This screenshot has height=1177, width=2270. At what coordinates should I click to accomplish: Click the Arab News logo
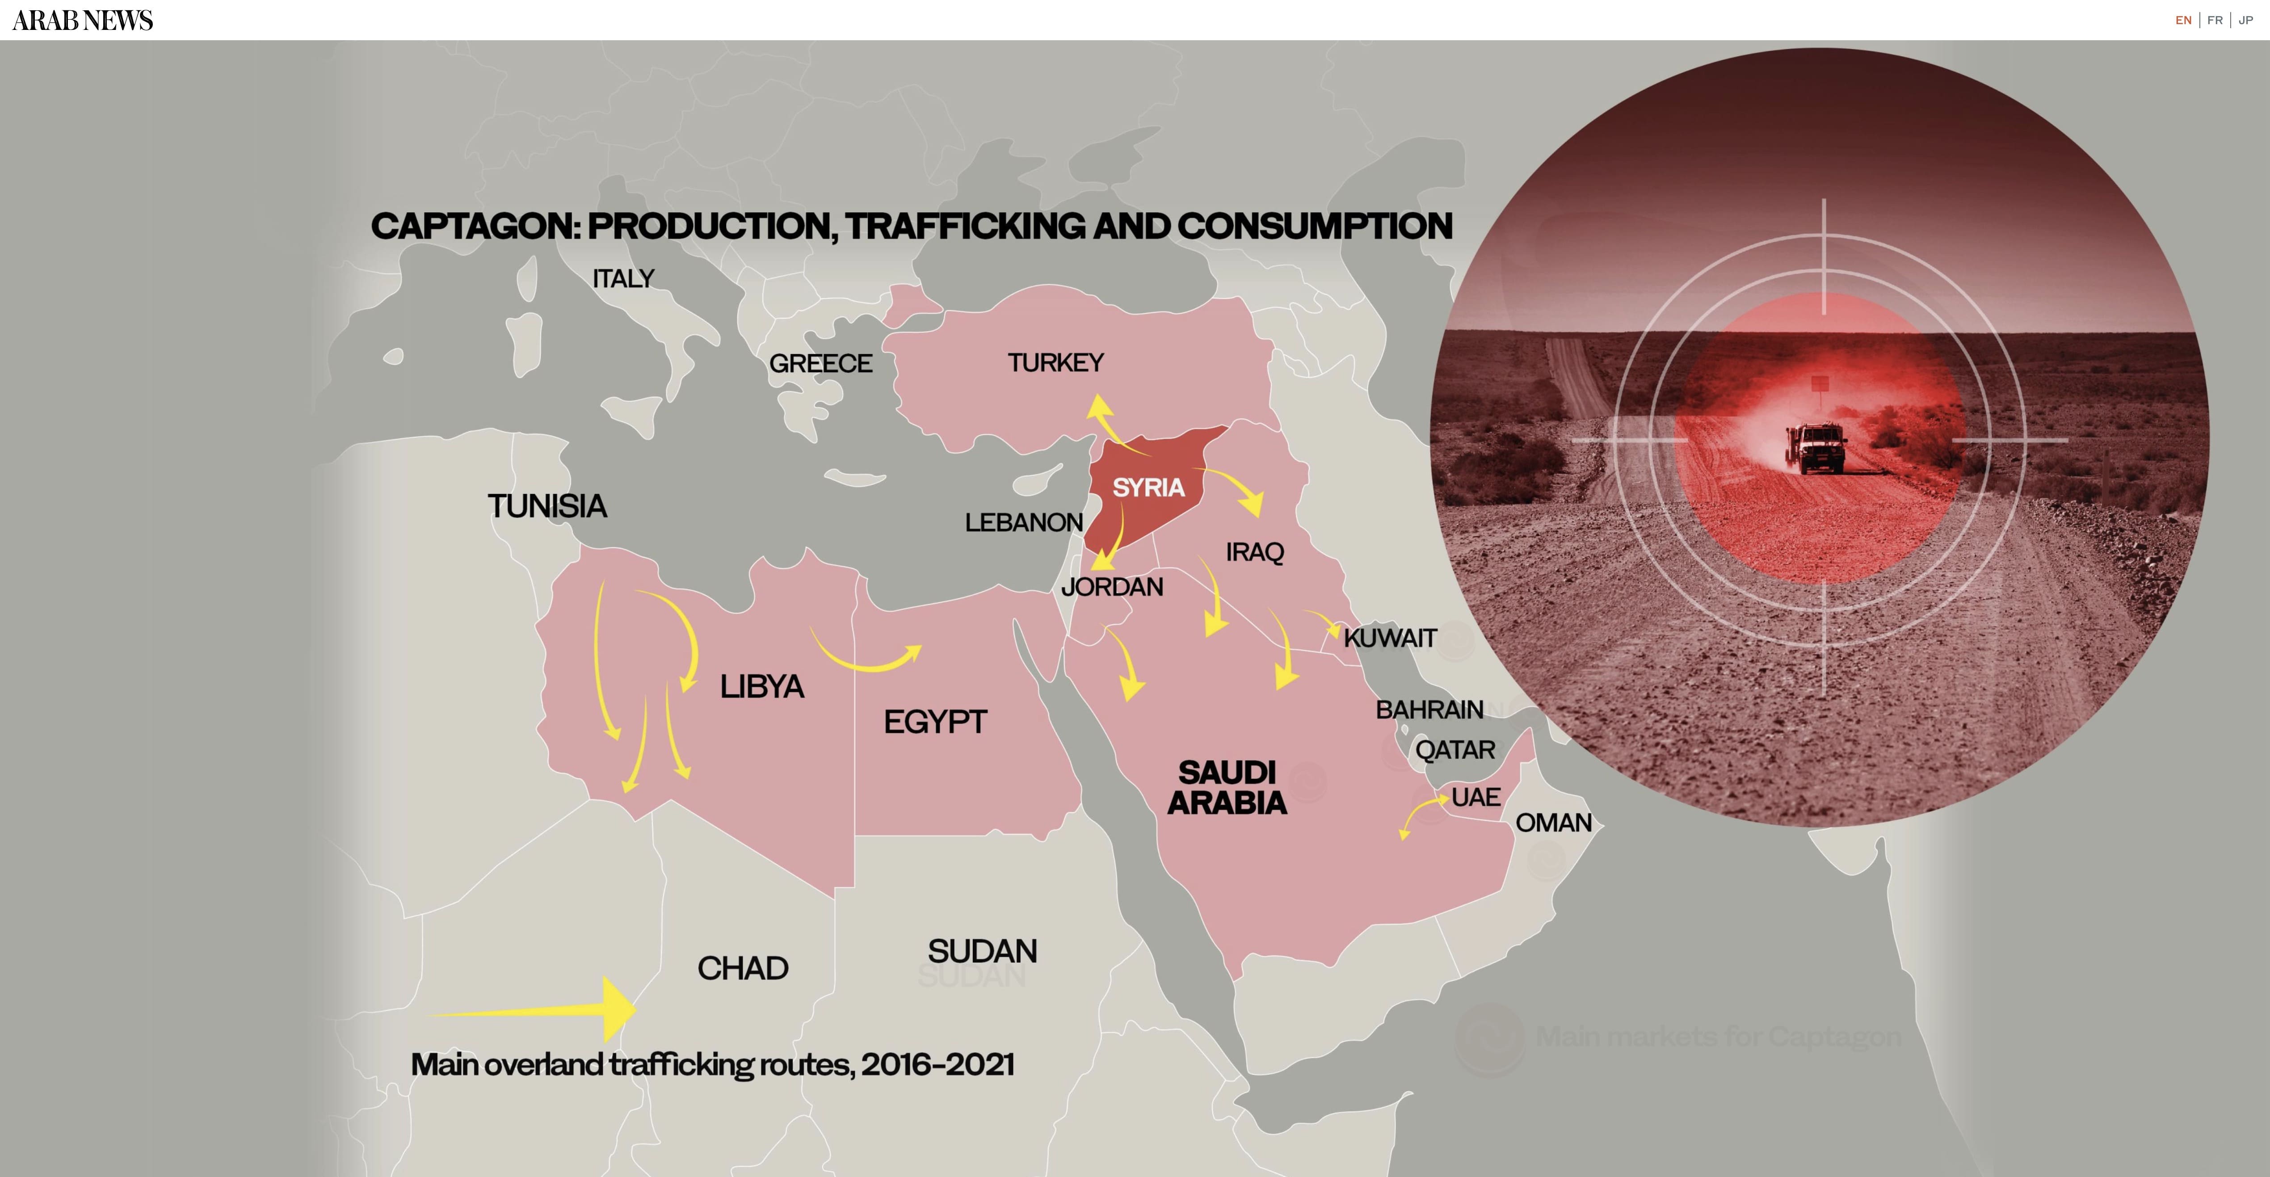83,20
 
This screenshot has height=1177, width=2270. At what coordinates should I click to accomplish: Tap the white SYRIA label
1148,487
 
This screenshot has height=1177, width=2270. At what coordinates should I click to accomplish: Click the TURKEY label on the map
1056,362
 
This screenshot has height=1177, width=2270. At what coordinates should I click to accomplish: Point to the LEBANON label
1024,522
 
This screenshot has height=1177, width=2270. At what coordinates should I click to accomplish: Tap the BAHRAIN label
1429,709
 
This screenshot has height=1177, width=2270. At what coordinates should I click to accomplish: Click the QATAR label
1455,750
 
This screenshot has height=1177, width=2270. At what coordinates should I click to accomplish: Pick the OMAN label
1554,823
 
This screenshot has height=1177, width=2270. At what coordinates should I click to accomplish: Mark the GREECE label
820,363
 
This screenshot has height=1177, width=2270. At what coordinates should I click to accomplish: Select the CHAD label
743,968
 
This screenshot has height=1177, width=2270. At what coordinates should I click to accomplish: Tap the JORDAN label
1112,587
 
